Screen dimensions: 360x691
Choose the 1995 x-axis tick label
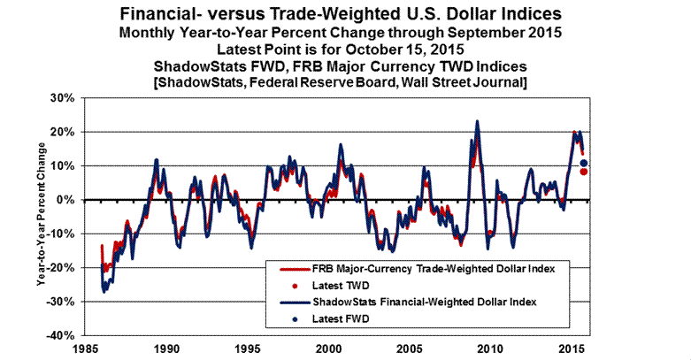pyautogui.click(x=249, y=348)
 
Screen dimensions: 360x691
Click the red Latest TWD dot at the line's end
pyautogui.click(x=584, y=172)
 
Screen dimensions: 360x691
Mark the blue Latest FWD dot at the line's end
pyautogui.click(x=584, y=163)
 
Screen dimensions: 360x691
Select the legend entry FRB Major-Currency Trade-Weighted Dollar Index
pyautogui.click(x=428, y=268)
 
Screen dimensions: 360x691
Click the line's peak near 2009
pyautogui.click(x=478, y=121)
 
